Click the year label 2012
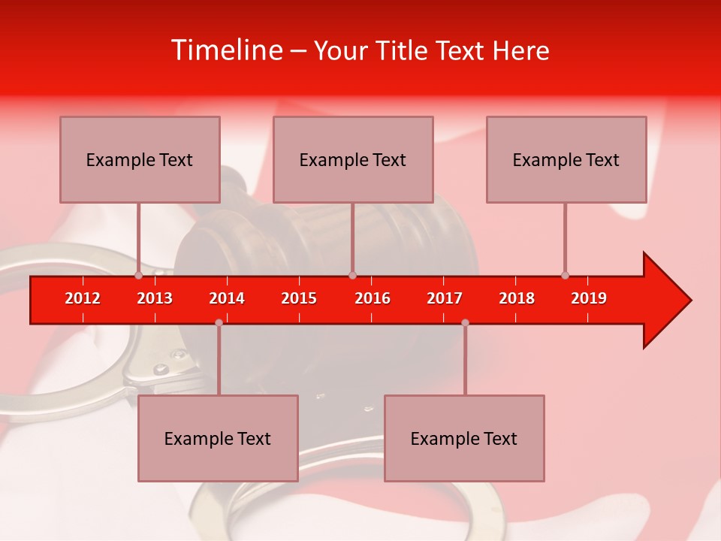click(x=83, y=298)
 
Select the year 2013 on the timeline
click(x=155, y=298)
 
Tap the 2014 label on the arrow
click(x=227, y=298)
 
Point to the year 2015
click(x=299, y=298)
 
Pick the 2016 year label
click(x=373, y=298)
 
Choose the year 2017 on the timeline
click(x=445, y=298)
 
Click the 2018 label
click(x=517, y=298)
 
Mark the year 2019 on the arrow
click(x=589, y=298)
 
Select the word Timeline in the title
click(x=225, y=50)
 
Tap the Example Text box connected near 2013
click(x=140, y=160)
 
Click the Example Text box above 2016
click(x=353, y=160)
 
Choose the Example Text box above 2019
click(x=566, y=160)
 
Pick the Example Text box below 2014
click(x=218, y=438)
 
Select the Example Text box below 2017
click(x=464, y=438)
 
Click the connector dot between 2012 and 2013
click(x=138, y=275)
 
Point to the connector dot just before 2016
click(x=352, y=275)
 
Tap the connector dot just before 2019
click(x=565, y=275)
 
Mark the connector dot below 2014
click(x=219, y=322)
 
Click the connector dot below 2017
click(x=465, y=322)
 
